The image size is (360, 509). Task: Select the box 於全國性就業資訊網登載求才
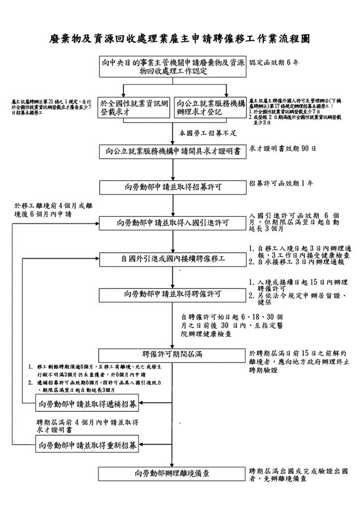[x=134, y=108]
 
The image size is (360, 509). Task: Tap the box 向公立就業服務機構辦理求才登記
[x=210, y=108]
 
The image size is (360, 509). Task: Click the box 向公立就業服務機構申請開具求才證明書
[x=173, y=151]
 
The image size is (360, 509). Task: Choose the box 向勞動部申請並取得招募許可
[x=173, y=187]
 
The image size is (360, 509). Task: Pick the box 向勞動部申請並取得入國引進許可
[x=173, y=223]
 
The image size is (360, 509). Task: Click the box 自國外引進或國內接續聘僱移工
[x=173, y=259]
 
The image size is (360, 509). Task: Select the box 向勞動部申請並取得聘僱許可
[x=173, y=294]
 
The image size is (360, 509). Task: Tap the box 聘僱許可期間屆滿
[x=172, y=355]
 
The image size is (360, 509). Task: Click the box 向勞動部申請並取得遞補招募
[x=87, y=404]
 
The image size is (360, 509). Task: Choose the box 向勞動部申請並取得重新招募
[x=87, y=446]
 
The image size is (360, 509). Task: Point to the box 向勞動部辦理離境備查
[x=172, y=474]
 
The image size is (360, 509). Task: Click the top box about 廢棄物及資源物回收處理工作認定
[x=173, y=67]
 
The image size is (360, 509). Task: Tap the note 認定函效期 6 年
[x=274, y=63]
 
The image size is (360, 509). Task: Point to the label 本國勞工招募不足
[x=208, y=133]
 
